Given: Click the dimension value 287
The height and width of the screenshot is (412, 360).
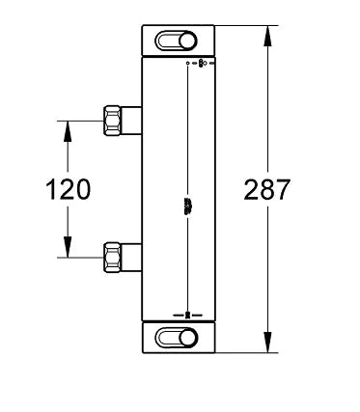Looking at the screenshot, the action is pyautogui.click(x=267, y=189).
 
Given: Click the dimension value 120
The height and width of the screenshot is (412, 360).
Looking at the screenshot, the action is pyautogui.click(x=68, y=189).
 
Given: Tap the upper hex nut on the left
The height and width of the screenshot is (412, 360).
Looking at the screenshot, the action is pyautogui.click(x=112, y=121).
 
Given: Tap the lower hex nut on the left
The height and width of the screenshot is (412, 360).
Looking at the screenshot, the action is pyautogui.click(x=112, y=258).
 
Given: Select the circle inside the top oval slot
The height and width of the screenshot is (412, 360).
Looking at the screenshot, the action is pyautogui.click(x=187, y=41).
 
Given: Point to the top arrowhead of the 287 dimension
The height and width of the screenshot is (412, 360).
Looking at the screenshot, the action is pyautogui.click(x=267, y=37).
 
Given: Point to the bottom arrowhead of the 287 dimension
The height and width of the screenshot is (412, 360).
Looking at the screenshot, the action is pyautogui.click(x=267, y=342).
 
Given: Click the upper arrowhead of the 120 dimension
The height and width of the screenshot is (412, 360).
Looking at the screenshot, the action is pyautogui.click(x=68, y=131).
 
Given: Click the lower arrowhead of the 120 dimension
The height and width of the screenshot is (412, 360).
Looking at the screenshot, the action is pyautogui.click(x=68, y=247).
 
